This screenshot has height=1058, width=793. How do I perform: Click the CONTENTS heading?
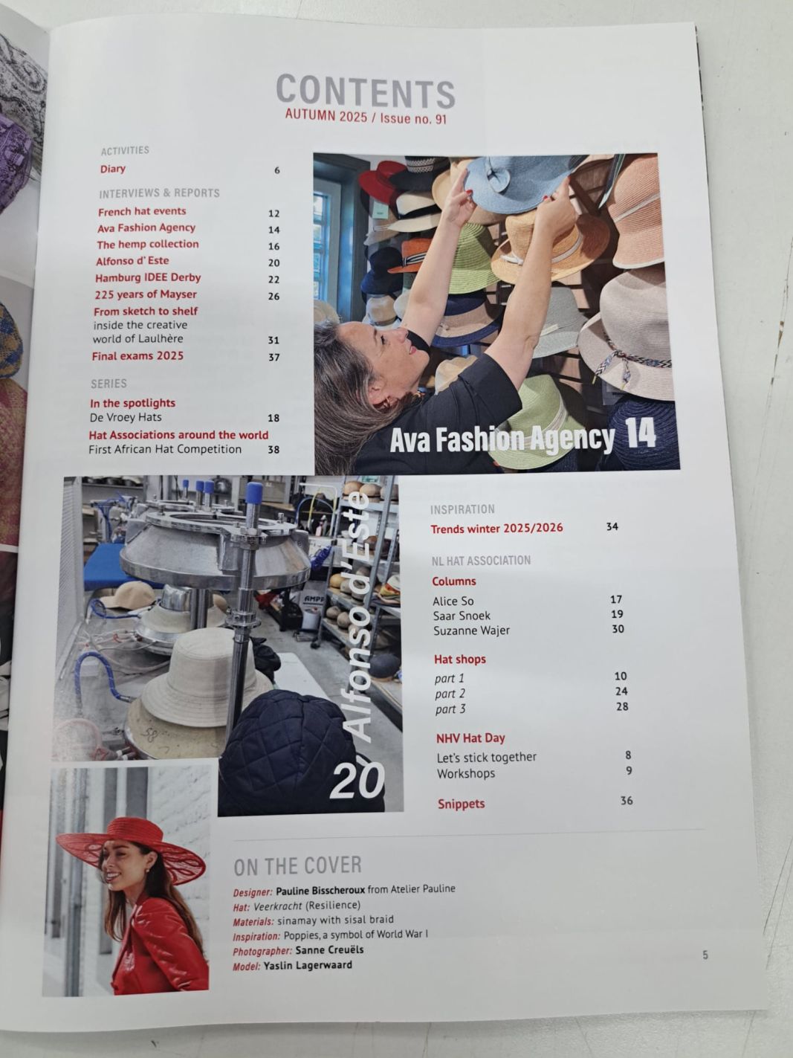pyautogui.click(x=366, y=91)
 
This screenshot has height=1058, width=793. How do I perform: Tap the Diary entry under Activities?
pyautogui.click(x=113, y=169)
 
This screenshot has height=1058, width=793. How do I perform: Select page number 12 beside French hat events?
pyautogui.click(x=273, y=213)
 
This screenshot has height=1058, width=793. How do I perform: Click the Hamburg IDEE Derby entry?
pyautogui.click(x=148, y=277)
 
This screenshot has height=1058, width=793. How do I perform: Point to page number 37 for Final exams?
pyautogui.click(x=273, y=357)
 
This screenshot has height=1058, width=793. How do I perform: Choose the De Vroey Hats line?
pyautogui.click(x=126, y=417)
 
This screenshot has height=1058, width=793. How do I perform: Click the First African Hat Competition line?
pyautogui.click(x=165, y=449)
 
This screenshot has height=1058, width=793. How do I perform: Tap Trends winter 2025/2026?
pyautogui.click(x=496, y=529)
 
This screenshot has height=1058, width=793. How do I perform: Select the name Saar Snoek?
pyautogui.click(x=462, y=616)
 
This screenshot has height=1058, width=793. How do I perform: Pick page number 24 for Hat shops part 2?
pyautogui.click(x=621, y=691)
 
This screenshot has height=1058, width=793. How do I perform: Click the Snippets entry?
pyautogui.click(x=461, y=804)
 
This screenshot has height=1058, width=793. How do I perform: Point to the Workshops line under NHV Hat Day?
pyautogui.click(x=466, y=774)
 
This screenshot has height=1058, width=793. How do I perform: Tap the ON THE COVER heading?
pyautogui.click(x=297, y=865)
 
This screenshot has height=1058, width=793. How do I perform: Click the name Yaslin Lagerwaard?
pyautogui.click(x=308, y=966)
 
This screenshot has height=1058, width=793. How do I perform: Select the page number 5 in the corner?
pyautogui.click(x=705, y=955)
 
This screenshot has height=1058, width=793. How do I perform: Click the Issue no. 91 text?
pyautogui.click(x=414, y=119)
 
